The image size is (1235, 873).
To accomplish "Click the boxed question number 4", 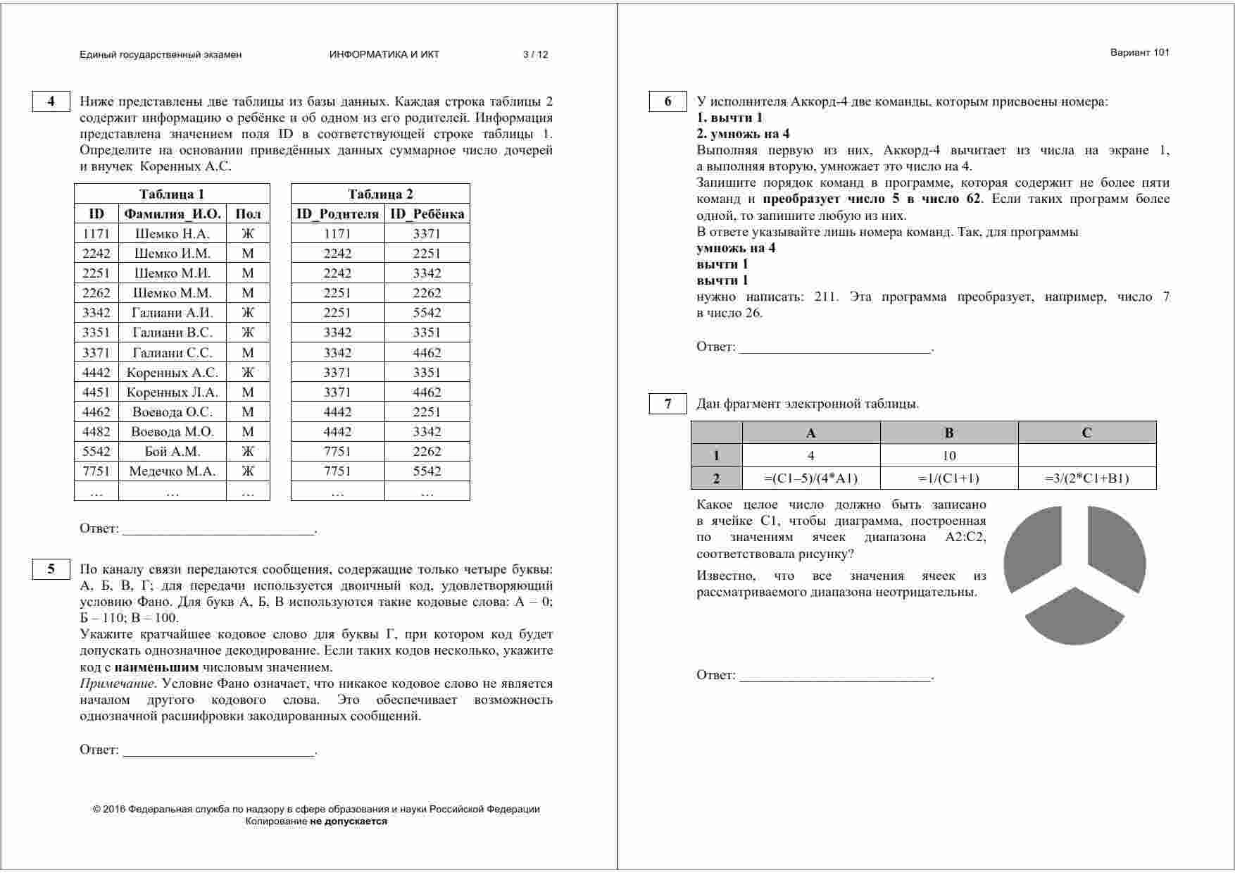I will pos(51,101).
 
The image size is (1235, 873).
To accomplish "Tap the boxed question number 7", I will pos(667,404).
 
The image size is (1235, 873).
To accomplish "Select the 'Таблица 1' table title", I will pos(172,194).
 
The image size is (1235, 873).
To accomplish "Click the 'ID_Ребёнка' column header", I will pos(427,213).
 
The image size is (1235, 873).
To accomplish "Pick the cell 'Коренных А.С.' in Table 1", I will pos(173,372).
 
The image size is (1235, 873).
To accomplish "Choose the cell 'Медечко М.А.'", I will pos(173,471).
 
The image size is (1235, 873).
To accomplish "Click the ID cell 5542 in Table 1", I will pos(96,451).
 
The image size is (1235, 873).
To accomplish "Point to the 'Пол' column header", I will pos(248,213).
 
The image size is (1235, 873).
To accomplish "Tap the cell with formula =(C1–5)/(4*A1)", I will pos(811,478).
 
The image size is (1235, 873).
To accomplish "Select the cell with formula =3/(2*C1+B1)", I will pos(1086,478).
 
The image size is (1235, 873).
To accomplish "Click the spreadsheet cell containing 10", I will pos(948,455).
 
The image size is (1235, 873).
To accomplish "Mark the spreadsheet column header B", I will pos(948,433).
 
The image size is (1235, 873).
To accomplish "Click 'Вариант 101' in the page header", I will pos(1139,52).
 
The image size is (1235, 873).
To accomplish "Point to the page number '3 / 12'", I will pos(535,54).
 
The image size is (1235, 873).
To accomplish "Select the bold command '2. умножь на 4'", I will pos(743,134).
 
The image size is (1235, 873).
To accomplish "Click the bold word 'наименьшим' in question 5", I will pos(156,667).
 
